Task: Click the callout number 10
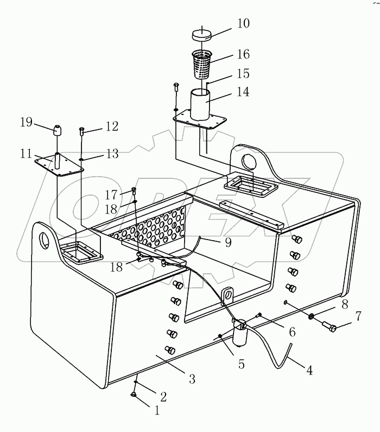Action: click(x=242, y=23)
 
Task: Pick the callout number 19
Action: click(x=27, y=122)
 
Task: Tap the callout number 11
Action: click(x=26, y=154)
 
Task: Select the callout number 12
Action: click(x=111, y=126)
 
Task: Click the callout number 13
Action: click(x=111, y=155)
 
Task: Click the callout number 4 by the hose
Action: click(x=309, y=371)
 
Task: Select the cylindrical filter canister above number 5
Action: click(x=239, y=334)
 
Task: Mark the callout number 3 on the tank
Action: click(x=191, y=379)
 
